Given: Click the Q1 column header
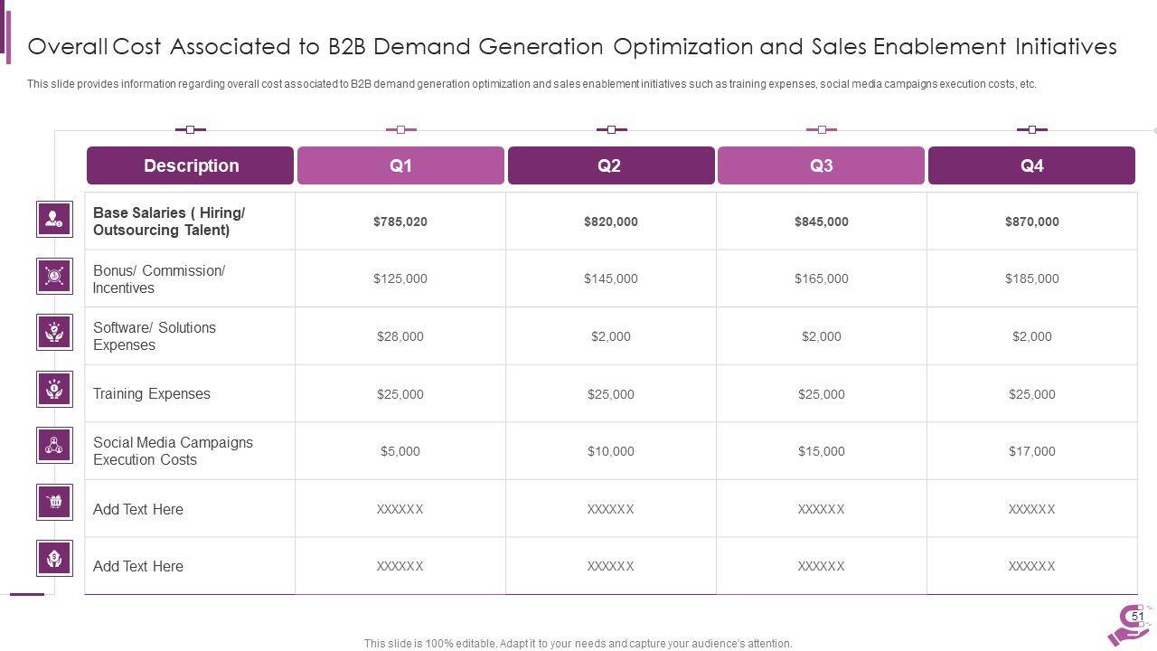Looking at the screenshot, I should pyautogui.click(x=400, y=165).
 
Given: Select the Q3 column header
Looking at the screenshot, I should pyautogui.click(x=821, y=165).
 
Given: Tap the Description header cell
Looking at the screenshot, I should pyautogui.click(x=191, y=165).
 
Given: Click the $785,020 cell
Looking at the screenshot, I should pyautogui.click(x=400, y=222).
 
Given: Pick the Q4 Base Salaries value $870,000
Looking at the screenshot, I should pyautogui.click(x=1031, y=222).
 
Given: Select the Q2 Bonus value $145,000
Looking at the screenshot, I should pyautogui.click(x=610, y=278).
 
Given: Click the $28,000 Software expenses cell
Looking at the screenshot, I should pyautogui.click(x=400, y=336).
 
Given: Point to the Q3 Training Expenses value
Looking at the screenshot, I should pyautogui.click(x=821, y=394).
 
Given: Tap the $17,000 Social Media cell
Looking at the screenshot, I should pyautogui.click(x=1031, y=451).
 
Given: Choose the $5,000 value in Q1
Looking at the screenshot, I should pyautogui.click(x=400, y=451).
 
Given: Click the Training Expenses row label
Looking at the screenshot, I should pyautogui.click(x=151, y=394).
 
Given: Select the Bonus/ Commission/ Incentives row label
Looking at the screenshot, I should pyautogui.click(x=158, y=279).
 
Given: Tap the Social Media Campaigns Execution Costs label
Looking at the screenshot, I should pyautogui.click(x=173, y=451).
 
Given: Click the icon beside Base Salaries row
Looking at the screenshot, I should pyautogui.click(x=54, y=219).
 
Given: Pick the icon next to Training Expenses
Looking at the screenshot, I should pyautogui.click(x=54, y=389).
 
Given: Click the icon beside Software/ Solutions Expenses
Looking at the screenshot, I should pyautogui.click(x=54, y=332).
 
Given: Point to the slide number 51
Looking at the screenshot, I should pyautogui.click(x=1138, y=617).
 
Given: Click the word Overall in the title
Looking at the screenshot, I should pyautogui.click(x=67, y=46).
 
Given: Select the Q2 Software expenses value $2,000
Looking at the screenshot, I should pyautogui.click(x=610, y=336).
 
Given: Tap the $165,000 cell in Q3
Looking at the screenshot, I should pyautogui.click(x=821, y=278).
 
